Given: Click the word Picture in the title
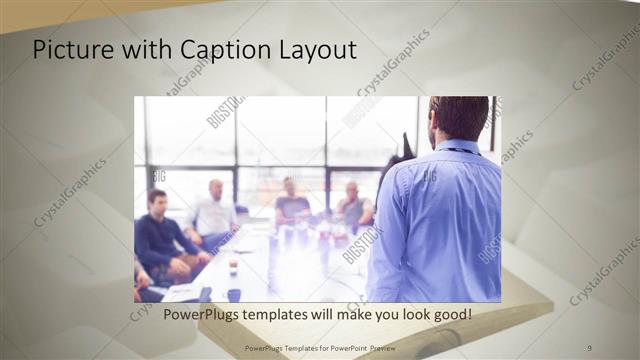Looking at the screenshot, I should pyautogui.click(x=68, y=50).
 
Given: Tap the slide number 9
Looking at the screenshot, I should pyautogui.click(x=588, y=347).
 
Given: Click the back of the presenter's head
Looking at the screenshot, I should pyautogui.click(x=460, y=118).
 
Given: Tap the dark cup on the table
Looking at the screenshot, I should pyautogui.click(x=233, y=267).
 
